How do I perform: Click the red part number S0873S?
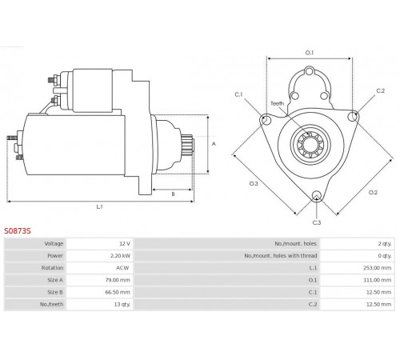click(x=18, y=231)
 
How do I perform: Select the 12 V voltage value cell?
click(x=125, y=244)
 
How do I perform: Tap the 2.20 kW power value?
click(x=120, y=256)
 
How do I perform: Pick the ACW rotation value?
click(x=122, y=268)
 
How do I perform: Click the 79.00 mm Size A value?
click(x=118, y=280)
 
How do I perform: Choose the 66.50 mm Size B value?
click(x=118, y=292)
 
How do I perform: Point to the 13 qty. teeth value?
click(x=122, y=304)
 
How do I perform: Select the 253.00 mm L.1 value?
click(x=377, y=268)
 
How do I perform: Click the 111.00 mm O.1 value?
click(x=378, y=280)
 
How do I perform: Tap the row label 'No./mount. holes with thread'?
click(x=281, y=256)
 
